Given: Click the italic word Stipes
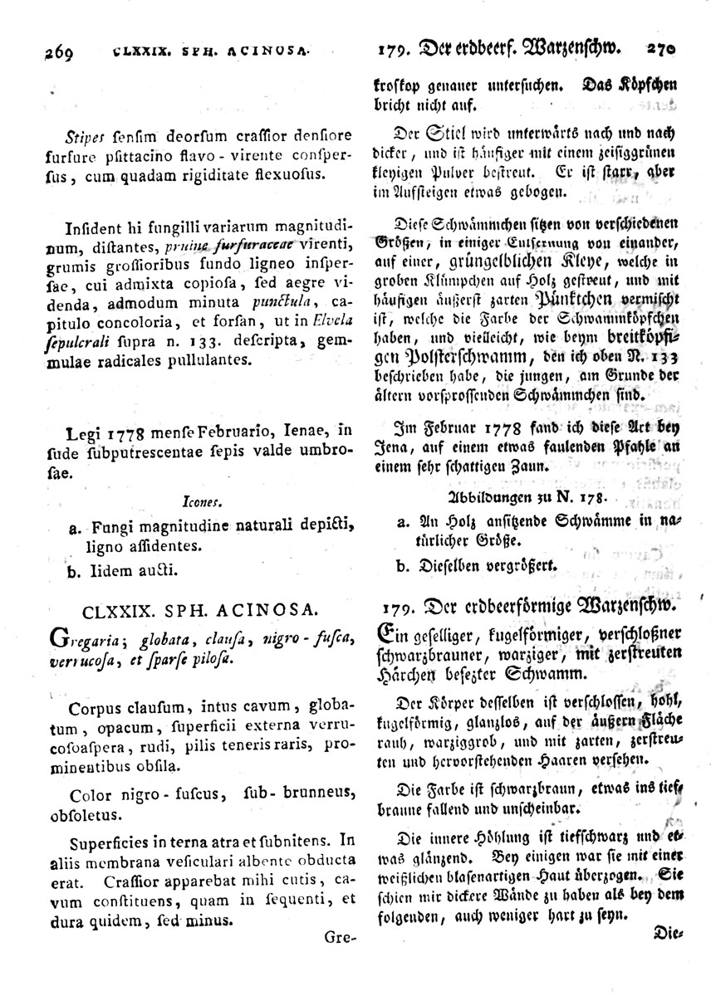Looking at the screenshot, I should [91, 135].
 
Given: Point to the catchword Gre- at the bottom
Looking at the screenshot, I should [340, 938].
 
